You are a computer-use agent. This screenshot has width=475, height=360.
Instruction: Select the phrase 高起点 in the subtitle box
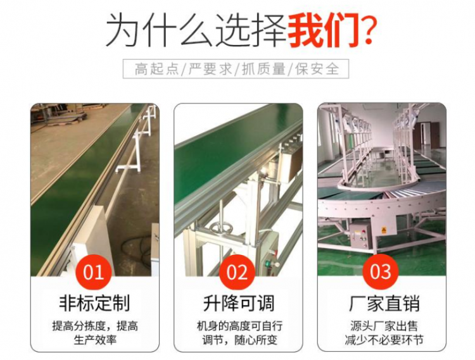156,69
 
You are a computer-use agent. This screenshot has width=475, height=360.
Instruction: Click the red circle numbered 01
94,272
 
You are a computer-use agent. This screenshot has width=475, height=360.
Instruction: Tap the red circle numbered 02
237,272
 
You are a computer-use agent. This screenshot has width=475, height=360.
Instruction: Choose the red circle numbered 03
381,271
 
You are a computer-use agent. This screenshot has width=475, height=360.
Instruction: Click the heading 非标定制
94,303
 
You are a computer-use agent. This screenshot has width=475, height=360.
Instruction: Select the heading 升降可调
238,303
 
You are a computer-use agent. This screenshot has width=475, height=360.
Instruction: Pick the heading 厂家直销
384,303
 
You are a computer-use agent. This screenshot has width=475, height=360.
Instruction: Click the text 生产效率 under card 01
95,340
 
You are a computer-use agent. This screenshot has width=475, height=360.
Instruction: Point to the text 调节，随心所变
239,340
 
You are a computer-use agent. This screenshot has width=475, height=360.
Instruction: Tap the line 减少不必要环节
384,340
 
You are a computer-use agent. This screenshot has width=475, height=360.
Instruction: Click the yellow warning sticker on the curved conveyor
384,231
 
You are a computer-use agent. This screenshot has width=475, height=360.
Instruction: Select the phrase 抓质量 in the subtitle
263,69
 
